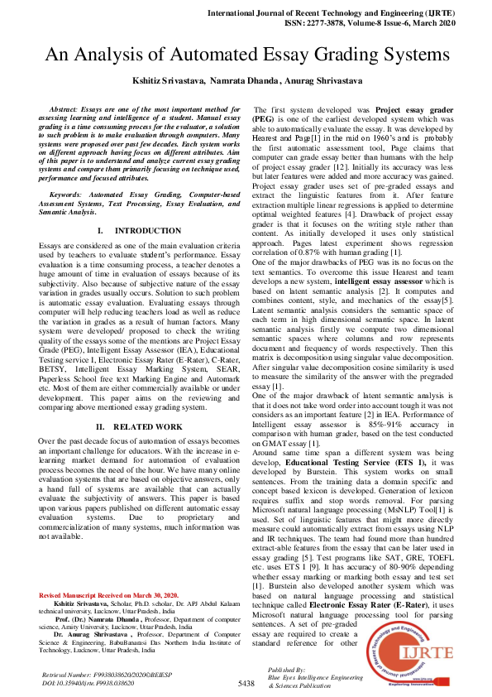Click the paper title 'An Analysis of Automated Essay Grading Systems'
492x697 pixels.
pos(246,55)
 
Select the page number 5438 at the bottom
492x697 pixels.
pos(246,683)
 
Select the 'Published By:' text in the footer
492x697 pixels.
pos(287,667)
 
